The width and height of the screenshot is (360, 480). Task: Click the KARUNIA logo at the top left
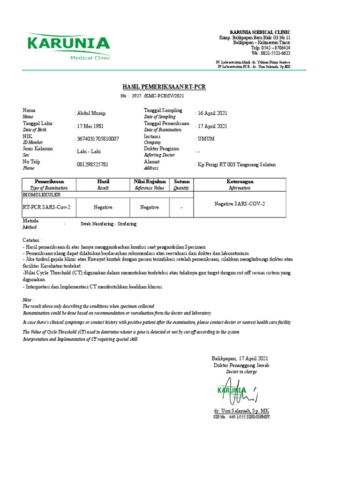(x=69, y=46)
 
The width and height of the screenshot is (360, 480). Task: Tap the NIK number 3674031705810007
(x=97, y=139)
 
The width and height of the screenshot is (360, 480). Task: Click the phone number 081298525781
(x=92, y=165)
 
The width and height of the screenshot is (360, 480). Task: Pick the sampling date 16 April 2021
(x=212, y=113)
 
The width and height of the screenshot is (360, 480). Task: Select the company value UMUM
(x=206, y=139)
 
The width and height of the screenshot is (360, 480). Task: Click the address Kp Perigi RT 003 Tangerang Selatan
(x=236, y=165)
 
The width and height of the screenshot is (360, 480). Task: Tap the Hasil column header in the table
(x=103, y=181)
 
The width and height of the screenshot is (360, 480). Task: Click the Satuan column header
(x=181, y=181)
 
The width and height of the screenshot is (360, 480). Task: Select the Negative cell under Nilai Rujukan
(x=150, y=207)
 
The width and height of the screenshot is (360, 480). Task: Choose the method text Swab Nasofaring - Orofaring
(x=108, y=224)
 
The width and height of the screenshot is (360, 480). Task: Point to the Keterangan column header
(x=240, y=181)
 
